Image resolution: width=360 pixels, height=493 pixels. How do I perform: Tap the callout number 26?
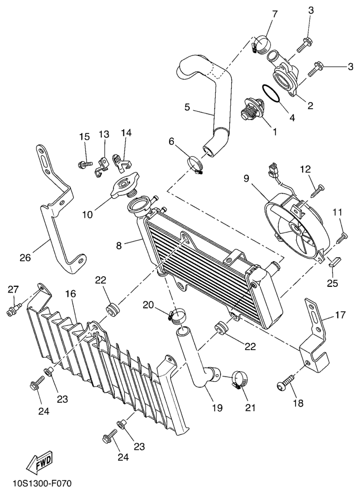click(25, 258)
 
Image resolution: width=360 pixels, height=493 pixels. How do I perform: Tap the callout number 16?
click(70, 293)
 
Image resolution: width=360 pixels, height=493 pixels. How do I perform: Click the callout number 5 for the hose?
click(188, 107)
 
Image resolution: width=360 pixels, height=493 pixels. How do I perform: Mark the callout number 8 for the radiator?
click(119, 246)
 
